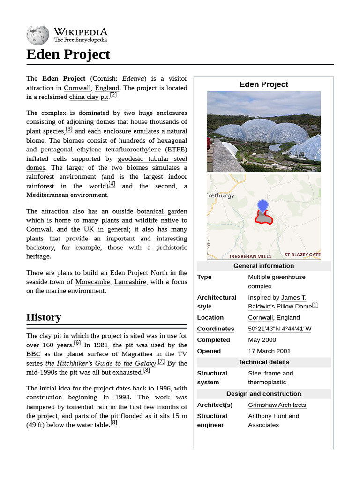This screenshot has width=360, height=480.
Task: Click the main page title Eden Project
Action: pyautogui.click(x=68, y=54)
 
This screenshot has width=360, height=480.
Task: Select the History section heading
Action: pyautogui.click(x=44, y=317)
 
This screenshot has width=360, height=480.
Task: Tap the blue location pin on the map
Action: pyautogui.click(x=262, y=206)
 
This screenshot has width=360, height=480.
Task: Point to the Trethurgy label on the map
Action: pyautogui.click(x=220, y=195)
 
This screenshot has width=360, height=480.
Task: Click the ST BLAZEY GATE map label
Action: pyautogui.click(x=302, y=255)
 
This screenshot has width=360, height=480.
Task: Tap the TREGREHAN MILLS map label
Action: pyautogui.click(x=250, y=256)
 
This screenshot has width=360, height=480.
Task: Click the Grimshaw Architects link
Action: pyautogui.click(x=277, y=405)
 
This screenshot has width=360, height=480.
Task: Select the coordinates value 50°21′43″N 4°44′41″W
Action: pyautogui.click(x=279, y=329)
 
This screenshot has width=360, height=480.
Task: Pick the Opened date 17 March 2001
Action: pyautogui.click(x=269, y=351)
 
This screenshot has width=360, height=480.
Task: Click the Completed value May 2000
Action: pyautogui.click(x=262, y=340)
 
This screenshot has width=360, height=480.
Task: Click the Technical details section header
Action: pyautogui.click(x=263, y=362)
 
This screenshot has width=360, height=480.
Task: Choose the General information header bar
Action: pyautogui.click(x=263, y=266)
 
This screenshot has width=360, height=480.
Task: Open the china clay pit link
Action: pyautogui.click(x=89, y=97)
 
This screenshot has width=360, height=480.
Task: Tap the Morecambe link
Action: pyautogui.click(x=92, y=282)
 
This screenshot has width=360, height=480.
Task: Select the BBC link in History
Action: pyautogui.click(x=34, y=354)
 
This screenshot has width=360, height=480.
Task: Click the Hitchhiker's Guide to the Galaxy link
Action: pyautogui.click(x=100, y=363)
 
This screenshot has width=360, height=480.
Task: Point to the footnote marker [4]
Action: pyautogui.click(x=112, y=184)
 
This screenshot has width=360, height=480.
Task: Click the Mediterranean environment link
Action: pyautogui.click(x=67, y=195)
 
